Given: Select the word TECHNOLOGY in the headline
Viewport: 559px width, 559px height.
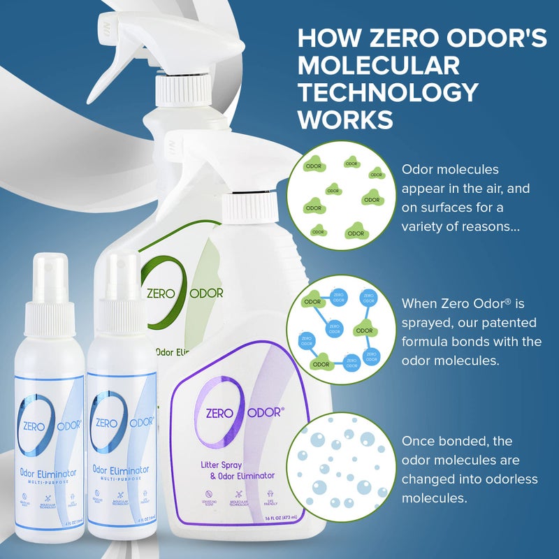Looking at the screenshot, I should pyautogui.click(x=389, y=92).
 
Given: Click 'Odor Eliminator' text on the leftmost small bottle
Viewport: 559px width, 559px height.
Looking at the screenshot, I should pyautogui.click(x=47, y=473).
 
